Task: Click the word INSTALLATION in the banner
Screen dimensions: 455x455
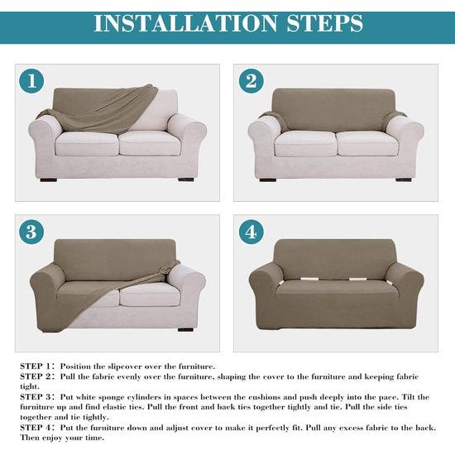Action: pyautogui.click(x=185, y=23)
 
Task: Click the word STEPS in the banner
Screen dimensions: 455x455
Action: pyautogui.click(x=325, y=23)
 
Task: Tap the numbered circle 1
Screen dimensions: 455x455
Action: pyautogui.click(x=31, y=81)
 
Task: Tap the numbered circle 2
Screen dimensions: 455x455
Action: pyautogui.click(x=251, y=81)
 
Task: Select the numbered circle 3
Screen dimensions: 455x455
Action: pyautogui.click(x=31, y=232)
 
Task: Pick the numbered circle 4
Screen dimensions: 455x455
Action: pyautogui.click(x=251, y=232)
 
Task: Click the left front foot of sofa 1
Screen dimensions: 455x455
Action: pyautogui.click(x=49, y=180)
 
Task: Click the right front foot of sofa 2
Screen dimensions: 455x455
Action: pyautogui.click(x=404, y=180)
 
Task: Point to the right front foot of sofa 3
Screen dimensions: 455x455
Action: pyautogui.click(x=185, y=329)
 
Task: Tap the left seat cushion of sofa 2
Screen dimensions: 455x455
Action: pyautogui.click(x=305, y=144)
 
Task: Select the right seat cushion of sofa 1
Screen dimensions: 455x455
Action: pyautogui.click(x=151, y=143)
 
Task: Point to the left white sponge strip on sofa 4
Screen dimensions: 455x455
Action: pyautogui.click(x=309, y=279)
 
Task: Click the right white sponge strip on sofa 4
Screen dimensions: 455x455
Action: pyautogui.click(x=357, y=280)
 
